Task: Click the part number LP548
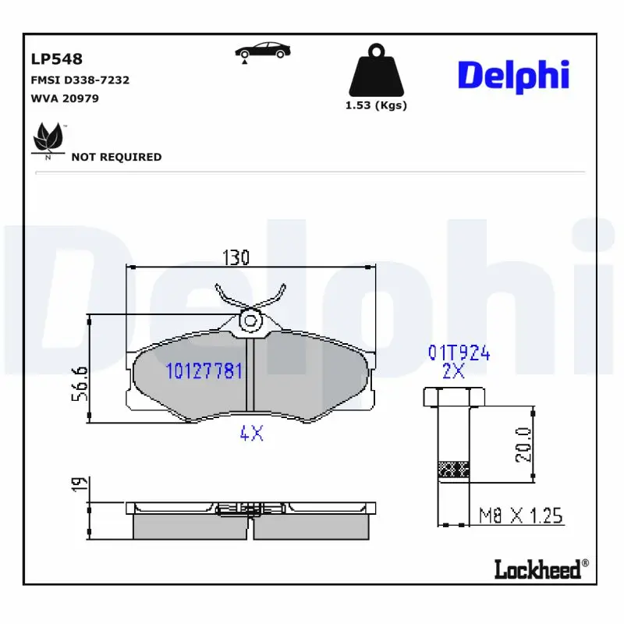[56, 59]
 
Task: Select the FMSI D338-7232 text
[80, 80]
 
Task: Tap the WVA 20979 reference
[65, 98]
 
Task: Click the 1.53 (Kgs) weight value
[376, 106]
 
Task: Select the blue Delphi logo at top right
[513, 75]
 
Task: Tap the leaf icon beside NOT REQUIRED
[48, 140]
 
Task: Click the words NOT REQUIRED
[116, 157]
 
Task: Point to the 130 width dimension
[236, 257]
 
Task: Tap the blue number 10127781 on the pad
[204, 371]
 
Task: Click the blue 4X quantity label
[251, 434]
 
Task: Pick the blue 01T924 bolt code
[459, 353]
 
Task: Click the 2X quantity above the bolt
[453, 371]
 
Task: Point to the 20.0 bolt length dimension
[523, 445]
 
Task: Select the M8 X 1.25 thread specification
[520, 516]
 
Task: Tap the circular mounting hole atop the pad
[250, 319]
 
